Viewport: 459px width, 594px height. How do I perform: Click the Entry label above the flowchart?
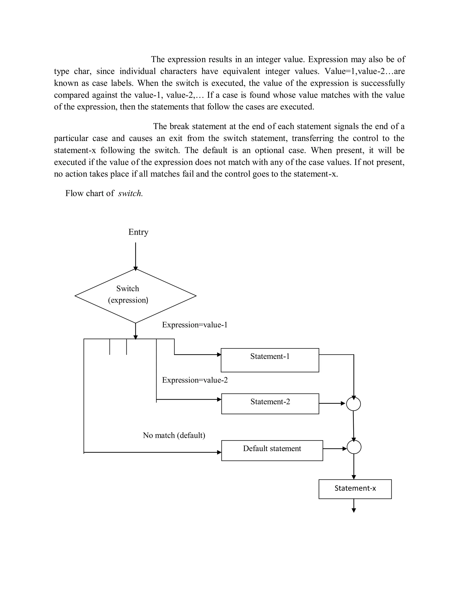(x=138, y=232)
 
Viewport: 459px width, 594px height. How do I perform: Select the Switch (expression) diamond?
(x=135, y=296)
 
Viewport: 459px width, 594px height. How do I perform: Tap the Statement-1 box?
(x=270, y=360)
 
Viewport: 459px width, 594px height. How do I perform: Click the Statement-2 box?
(x=270, y=404)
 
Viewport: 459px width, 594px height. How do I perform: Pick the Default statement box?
(x=272, y=450)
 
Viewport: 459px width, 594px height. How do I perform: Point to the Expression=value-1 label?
(x=194, y=325)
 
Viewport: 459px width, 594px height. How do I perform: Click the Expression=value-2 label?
(x=195, y=380)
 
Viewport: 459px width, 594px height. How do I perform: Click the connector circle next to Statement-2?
(x=353, y=404)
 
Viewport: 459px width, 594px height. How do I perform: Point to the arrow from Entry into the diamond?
(x=135, y=256)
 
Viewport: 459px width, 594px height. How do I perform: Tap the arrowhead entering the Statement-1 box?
(x=219, y=355)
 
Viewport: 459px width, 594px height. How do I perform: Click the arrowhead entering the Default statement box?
(x=219, y=452)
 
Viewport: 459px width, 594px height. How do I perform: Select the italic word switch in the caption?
(x=130, y=193)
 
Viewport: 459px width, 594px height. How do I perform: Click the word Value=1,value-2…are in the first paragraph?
(x=365, y=71)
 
